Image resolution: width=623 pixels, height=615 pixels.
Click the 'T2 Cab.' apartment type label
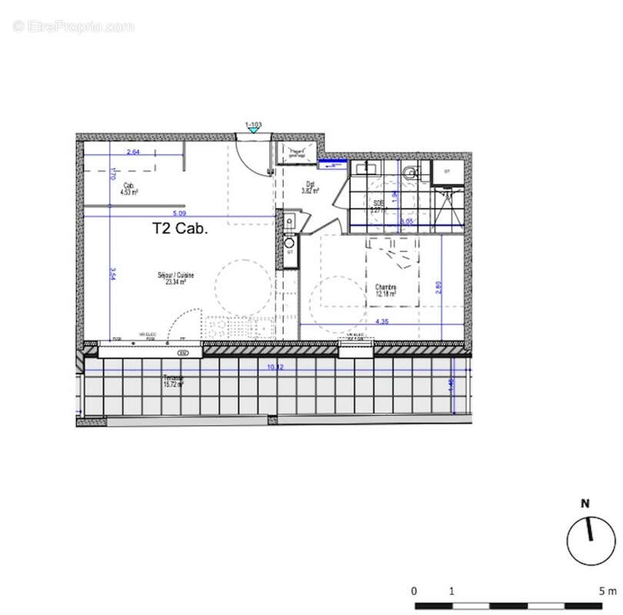179,228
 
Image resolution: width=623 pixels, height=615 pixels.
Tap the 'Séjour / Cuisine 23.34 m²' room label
175,278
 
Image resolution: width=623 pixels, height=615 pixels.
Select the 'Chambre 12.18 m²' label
386,291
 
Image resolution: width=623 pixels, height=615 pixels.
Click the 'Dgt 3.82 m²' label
311,186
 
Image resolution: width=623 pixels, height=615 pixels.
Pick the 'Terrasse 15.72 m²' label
173,381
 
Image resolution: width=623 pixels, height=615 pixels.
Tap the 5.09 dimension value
179,213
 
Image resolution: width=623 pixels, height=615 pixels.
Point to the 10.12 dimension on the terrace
275,367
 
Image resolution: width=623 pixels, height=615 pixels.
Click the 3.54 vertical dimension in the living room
112,274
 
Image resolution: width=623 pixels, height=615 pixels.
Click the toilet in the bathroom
408,171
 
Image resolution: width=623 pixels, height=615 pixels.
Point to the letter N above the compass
585,504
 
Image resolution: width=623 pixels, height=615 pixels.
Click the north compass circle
591,540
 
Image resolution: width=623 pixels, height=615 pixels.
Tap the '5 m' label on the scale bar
608,591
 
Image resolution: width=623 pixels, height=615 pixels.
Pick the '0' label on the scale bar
414,591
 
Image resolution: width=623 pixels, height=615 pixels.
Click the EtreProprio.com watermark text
73,27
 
